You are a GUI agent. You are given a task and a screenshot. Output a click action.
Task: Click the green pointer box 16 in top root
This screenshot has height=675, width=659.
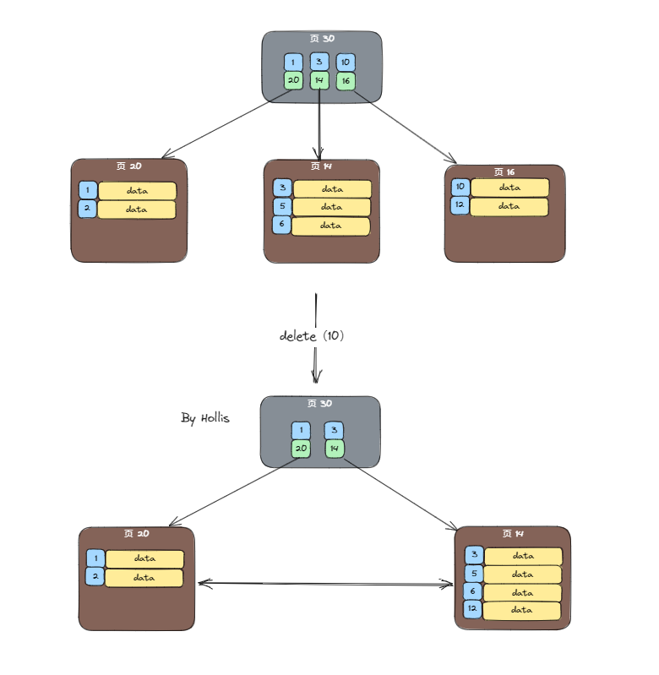pos(346,81)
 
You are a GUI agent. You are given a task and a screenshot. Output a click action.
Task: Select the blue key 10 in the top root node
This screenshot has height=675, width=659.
pos(346,63)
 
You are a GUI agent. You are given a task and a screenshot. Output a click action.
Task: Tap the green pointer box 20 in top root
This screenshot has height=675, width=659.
pos(293,81)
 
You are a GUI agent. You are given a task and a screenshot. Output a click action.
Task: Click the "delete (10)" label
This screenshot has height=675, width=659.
pos(312,335)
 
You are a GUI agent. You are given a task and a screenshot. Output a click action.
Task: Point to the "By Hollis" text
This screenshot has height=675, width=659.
pos(204,418)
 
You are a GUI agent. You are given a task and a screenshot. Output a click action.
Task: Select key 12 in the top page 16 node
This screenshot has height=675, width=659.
pos(460,205)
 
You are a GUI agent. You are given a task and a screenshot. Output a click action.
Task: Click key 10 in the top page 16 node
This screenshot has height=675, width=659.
pos(460,188)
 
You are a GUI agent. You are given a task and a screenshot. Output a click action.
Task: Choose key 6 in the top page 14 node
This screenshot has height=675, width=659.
pos(281,226)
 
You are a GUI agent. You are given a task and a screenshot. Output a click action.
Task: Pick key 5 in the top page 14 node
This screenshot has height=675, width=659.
pos(282,207)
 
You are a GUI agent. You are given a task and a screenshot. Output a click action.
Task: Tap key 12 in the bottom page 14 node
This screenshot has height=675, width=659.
pos(473,609)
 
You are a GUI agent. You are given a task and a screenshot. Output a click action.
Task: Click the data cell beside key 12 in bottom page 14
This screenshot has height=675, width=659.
pos(523,610)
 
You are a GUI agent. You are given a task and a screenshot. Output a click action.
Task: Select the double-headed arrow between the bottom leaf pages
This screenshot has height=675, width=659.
pos(325,583)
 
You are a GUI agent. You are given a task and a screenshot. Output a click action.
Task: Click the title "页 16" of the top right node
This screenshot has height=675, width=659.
pos(504,171)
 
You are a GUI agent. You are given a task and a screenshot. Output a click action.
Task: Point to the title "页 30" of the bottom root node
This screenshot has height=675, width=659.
pos(319,404)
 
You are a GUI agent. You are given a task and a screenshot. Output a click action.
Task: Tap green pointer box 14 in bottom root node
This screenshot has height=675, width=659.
pos(335,448)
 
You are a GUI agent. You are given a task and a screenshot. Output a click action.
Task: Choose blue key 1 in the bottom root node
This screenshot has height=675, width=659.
pos(300,430)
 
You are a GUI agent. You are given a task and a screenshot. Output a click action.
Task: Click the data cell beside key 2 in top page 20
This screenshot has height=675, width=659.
pos(137,210)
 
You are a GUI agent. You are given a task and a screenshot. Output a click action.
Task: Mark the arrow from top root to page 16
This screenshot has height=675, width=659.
pos(404,127)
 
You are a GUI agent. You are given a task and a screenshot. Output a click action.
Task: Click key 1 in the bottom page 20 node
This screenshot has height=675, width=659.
pos(95,558)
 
